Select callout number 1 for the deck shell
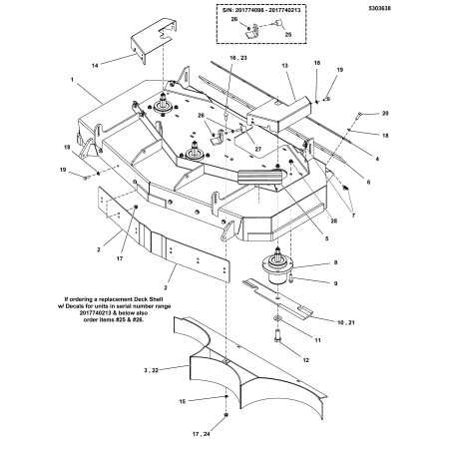[x=73, y=78]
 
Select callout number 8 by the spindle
[x=333, y=262]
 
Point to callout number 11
[x=317, y=339]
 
